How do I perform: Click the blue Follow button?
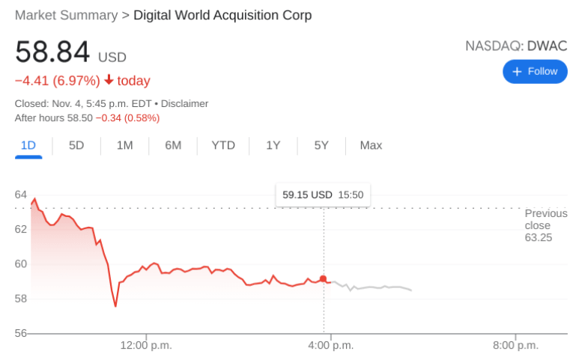535,71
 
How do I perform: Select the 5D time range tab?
76,145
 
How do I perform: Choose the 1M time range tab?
124,145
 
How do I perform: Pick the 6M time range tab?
173,145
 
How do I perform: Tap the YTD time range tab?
223,145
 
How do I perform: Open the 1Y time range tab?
273,145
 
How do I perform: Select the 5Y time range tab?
321,145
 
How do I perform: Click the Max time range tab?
371,145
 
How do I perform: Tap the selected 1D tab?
28,145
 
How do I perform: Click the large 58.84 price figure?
52,52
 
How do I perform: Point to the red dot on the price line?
324,279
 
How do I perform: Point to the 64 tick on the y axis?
21,195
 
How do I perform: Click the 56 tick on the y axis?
21,333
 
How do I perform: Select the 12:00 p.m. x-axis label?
145,345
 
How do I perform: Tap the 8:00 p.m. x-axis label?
515,345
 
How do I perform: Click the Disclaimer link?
184,103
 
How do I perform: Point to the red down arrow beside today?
109,81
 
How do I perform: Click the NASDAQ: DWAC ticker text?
516,46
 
